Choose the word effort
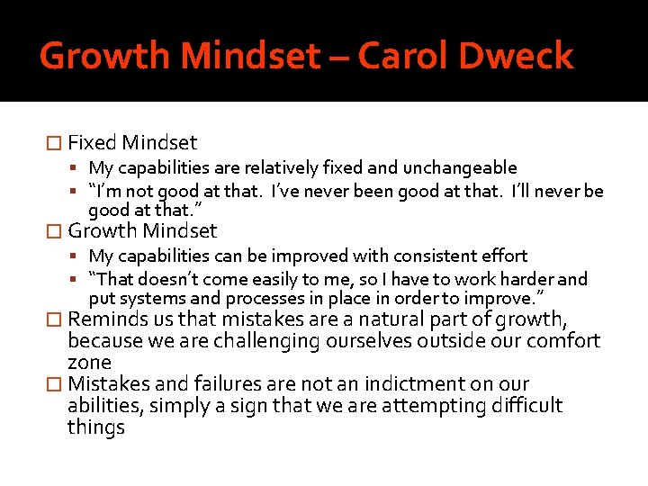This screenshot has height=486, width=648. (504, 256)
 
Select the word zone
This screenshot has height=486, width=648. (89, 362)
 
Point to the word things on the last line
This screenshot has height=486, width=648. (95, 427)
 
